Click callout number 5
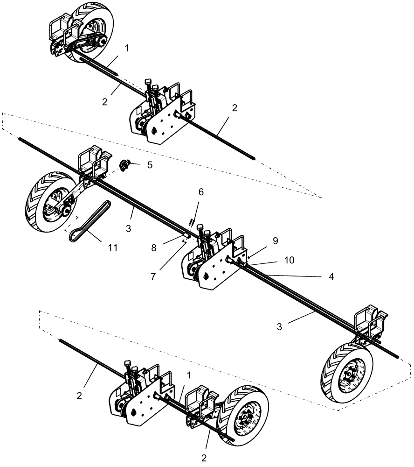point(149,165)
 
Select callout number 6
point(201,192)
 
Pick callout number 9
point(276,241)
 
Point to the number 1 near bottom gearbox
point(189,375)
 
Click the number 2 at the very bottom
point(204,458)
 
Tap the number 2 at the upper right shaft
point(235,108)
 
